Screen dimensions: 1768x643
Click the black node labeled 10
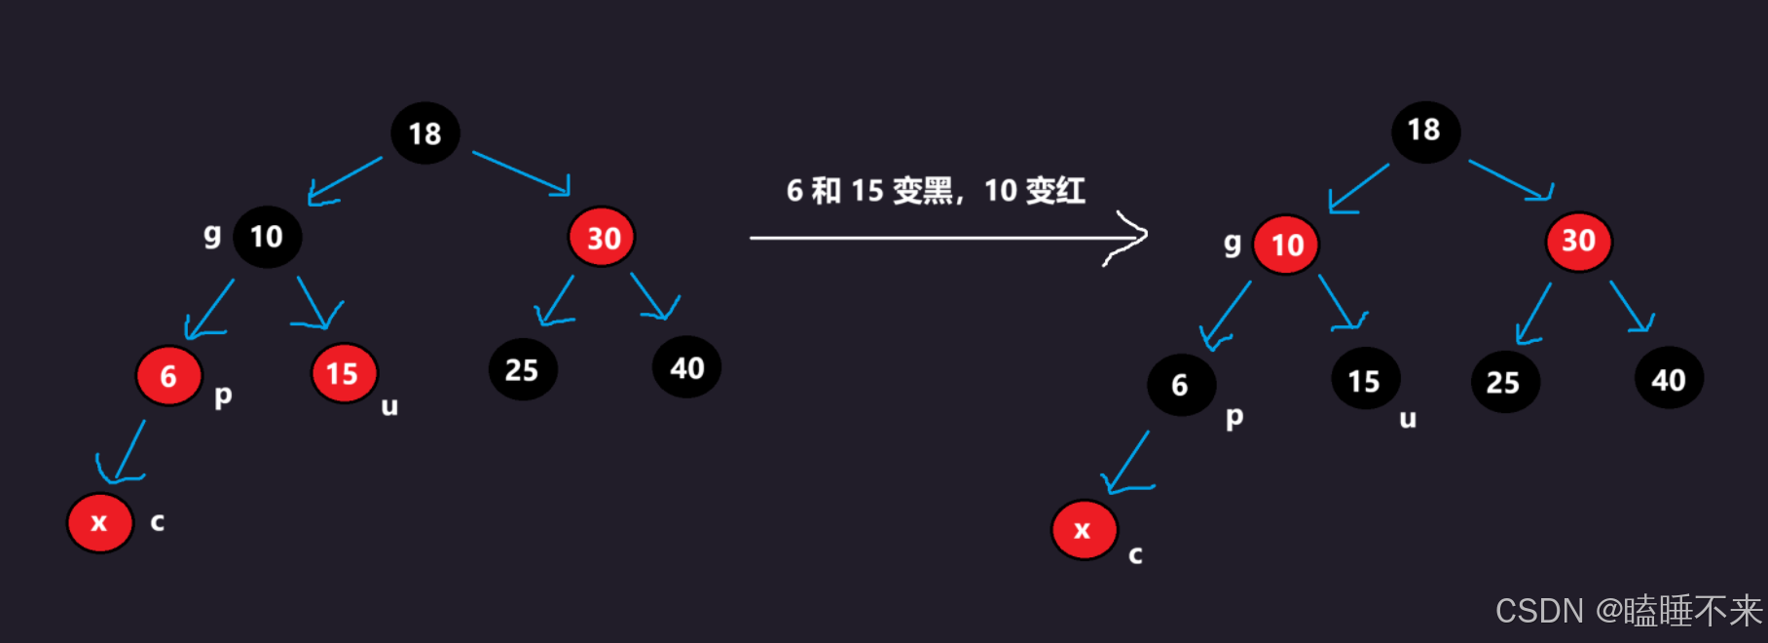click(267, 237)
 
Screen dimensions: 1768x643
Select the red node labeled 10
click(1286, 245)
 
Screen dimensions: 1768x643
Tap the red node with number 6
click(168, 376)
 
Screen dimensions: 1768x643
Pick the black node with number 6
click(1180, 385)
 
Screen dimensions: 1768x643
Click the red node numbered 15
click(343, 373)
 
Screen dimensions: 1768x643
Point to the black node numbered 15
click(1364, 381)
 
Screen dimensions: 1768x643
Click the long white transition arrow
click(944, 237)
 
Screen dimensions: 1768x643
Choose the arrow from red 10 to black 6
click(1227, 314)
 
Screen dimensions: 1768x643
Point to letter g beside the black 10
click(212, 235)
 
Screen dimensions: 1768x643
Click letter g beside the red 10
click(1233, 244)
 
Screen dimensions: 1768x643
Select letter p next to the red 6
click(223, 396)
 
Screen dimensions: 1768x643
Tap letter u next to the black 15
click(1407, 420)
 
